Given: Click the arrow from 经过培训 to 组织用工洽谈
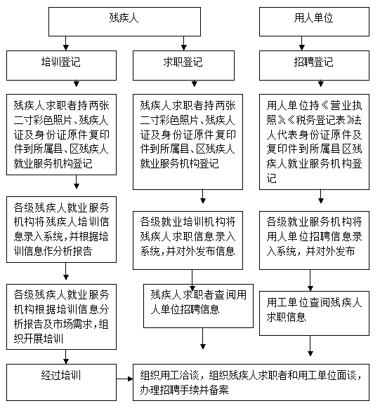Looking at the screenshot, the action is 124,379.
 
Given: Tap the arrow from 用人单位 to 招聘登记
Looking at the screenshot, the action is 302,43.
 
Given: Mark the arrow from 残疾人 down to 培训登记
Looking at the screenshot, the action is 66,43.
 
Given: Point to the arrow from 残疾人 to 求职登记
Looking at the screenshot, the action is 184,43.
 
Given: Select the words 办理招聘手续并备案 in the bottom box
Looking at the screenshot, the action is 184,390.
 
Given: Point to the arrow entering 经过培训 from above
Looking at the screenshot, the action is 66,357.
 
